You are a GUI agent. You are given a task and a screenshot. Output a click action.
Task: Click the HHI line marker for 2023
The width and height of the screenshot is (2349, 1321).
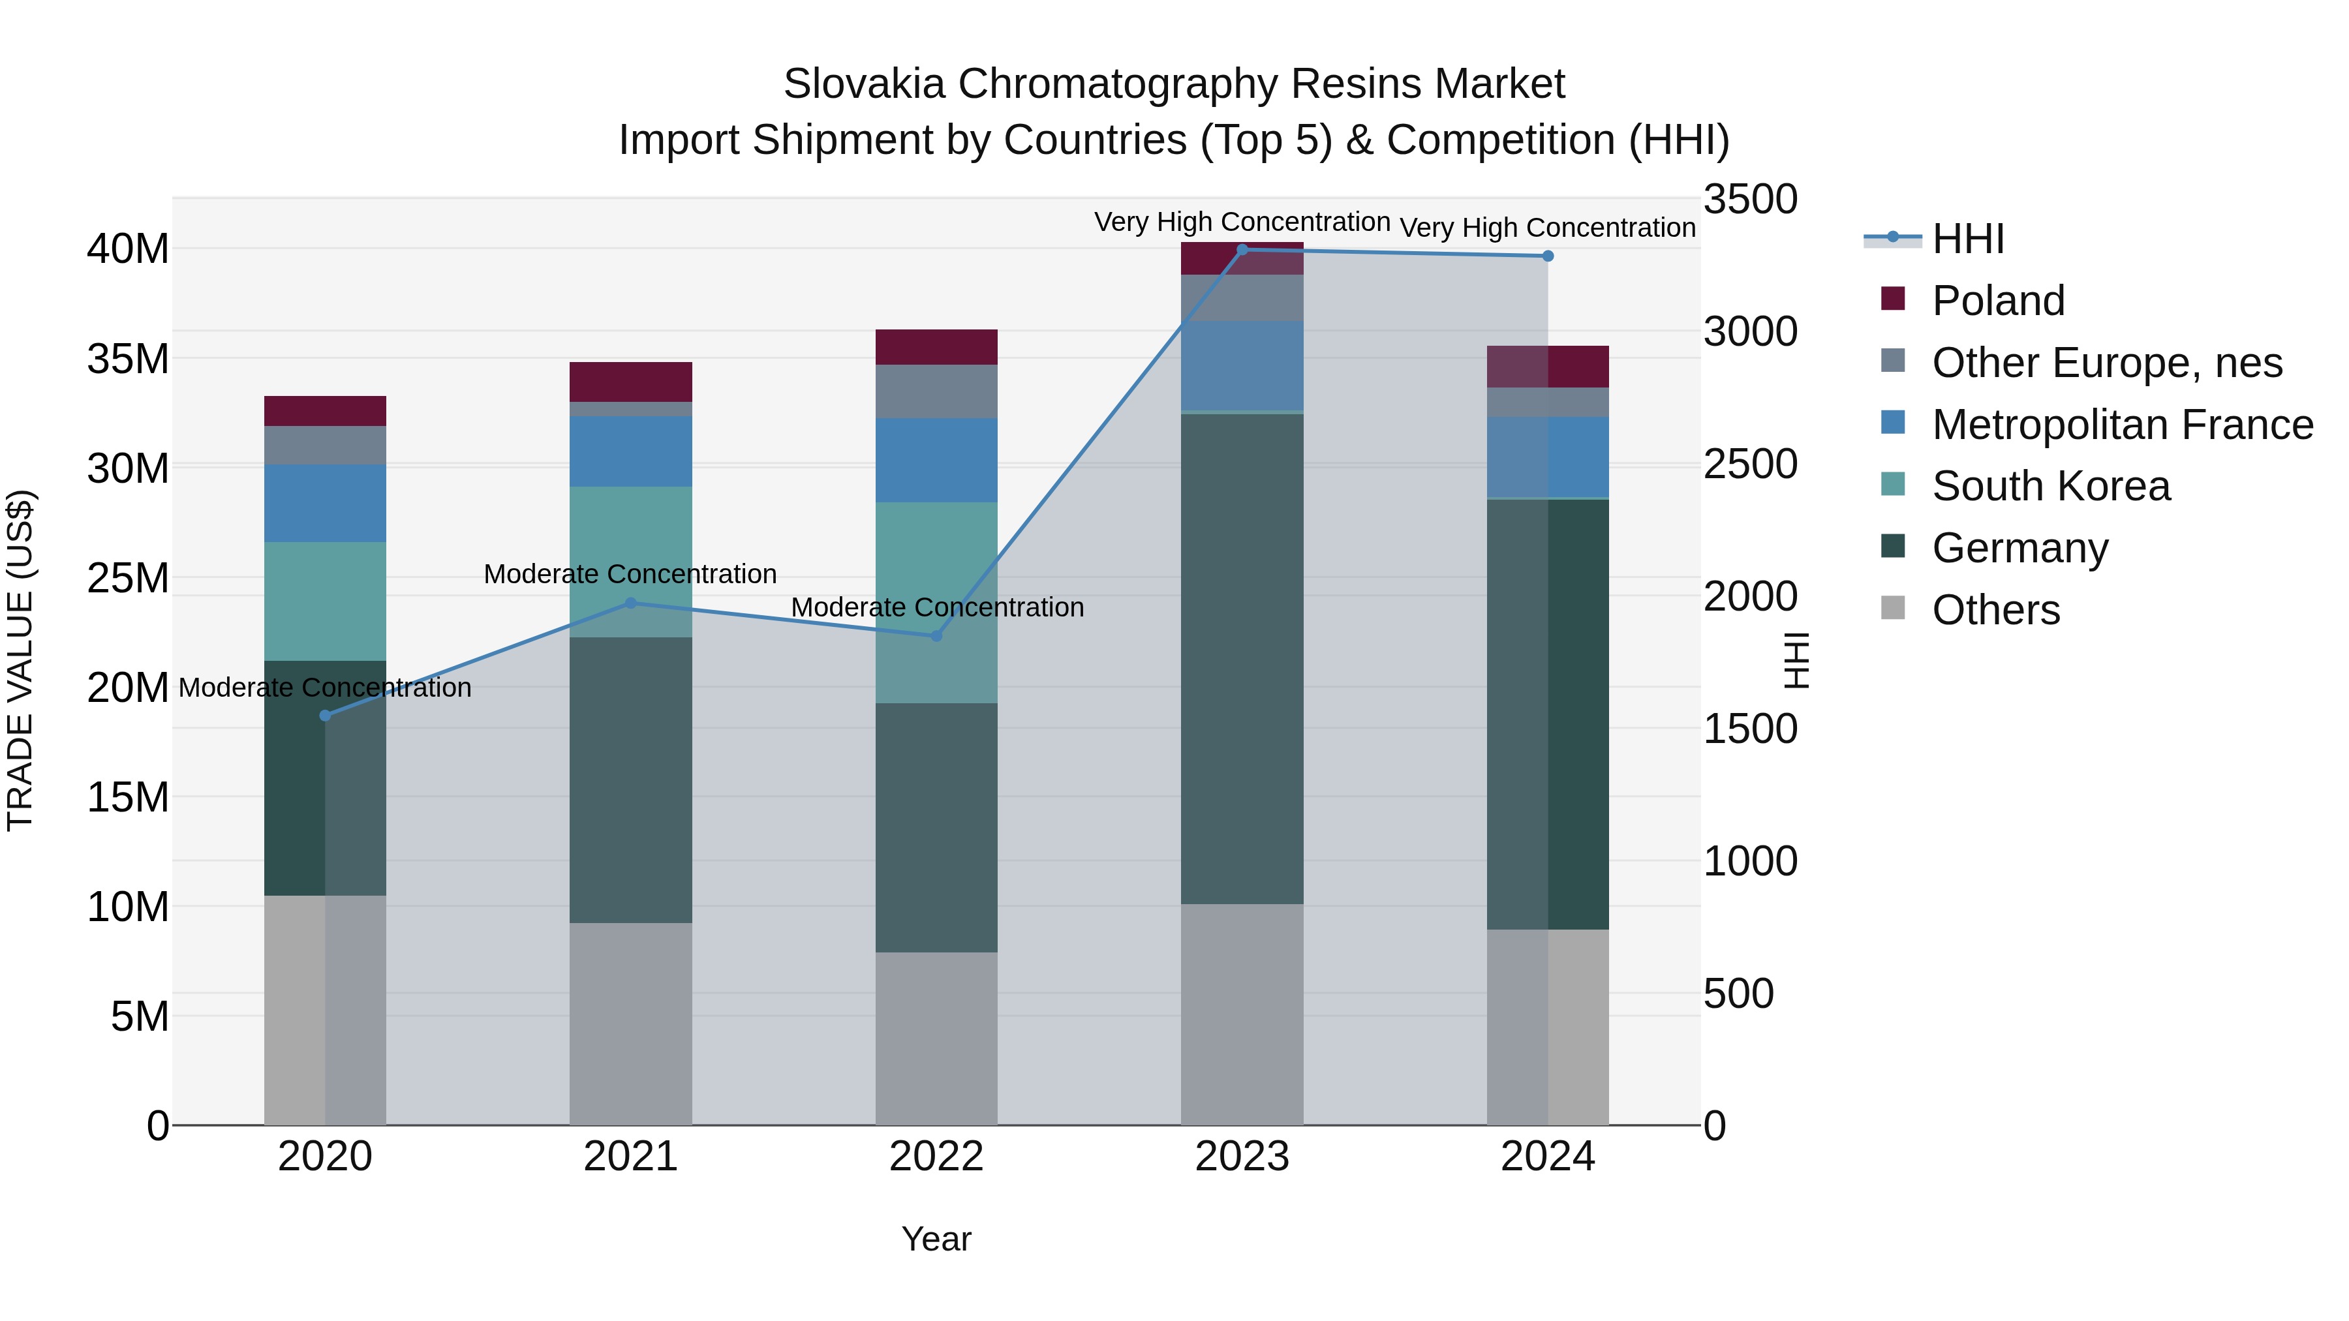pos(1241,249)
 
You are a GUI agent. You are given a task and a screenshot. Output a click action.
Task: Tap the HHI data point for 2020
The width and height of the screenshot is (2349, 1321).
pos(326,715)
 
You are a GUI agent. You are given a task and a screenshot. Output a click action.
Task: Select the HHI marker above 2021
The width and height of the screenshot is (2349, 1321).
pos(630,603)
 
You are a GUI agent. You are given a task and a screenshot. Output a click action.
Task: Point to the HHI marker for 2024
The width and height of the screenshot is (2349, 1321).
pos(1548,256)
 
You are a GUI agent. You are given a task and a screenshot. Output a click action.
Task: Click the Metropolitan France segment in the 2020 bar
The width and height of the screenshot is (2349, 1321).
pos(326,502)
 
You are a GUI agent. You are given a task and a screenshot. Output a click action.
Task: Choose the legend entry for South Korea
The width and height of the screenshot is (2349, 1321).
pos(2050,486)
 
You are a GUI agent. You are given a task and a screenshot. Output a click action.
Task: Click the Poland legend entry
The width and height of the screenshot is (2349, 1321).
pos(1997,301)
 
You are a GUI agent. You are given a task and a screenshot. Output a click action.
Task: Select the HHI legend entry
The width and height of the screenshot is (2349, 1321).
pos(1967,239)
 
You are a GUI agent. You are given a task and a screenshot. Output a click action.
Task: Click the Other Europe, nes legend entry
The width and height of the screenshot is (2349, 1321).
pos(2106,363)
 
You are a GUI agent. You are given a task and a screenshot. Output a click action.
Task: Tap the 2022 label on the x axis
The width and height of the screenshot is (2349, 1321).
pos(936,1157)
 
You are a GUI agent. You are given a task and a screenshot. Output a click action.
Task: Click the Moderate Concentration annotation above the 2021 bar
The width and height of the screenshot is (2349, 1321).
pos(630,574)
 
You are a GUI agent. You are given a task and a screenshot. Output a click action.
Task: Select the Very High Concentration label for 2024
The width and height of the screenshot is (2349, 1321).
pos(1548,227)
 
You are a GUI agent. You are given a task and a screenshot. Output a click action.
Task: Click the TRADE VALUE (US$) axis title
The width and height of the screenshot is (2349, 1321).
pos(20,660)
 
